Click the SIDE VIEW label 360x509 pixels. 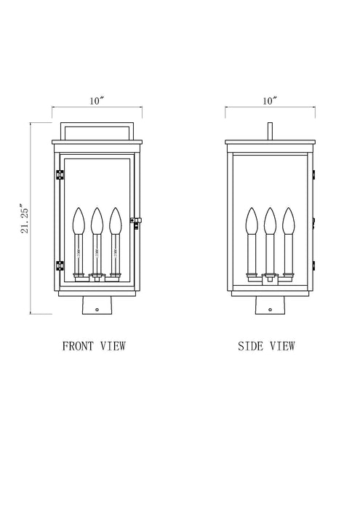(267, 346)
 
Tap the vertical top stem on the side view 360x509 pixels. (270, 131)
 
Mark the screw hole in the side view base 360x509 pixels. (270, 310)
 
